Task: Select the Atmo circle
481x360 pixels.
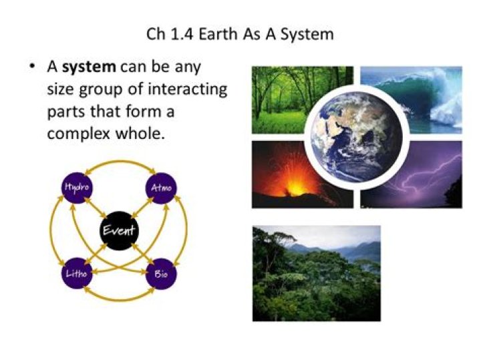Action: (160, 188)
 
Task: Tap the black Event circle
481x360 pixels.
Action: (118, 232)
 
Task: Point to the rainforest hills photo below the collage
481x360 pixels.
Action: (316, 273)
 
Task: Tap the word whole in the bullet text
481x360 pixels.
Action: (137, 132)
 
